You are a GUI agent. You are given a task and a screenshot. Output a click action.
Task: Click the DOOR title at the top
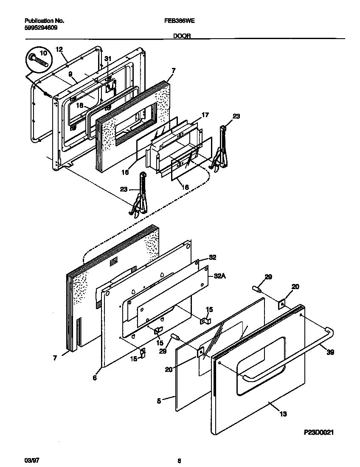pyautogui.click(x=181, y=37)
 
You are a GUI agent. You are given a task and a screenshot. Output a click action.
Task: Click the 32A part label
pyautogui.click(x=219, y=276)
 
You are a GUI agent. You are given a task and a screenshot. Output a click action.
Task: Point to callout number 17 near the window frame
pyautogui.click(x=205, y=115)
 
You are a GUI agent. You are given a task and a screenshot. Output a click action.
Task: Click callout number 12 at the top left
pyautogui.click(x=59, y=49)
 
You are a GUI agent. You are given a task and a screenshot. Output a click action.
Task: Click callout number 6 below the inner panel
pyautogui.click(x=94, y=377)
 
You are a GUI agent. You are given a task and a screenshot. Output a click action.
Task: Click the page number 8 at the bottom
pyautogui.click(x=180, y=460)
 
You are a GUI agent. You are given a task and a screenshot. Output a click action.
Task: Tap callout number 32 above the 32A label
pyautogui.click(x=212, y=258)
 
